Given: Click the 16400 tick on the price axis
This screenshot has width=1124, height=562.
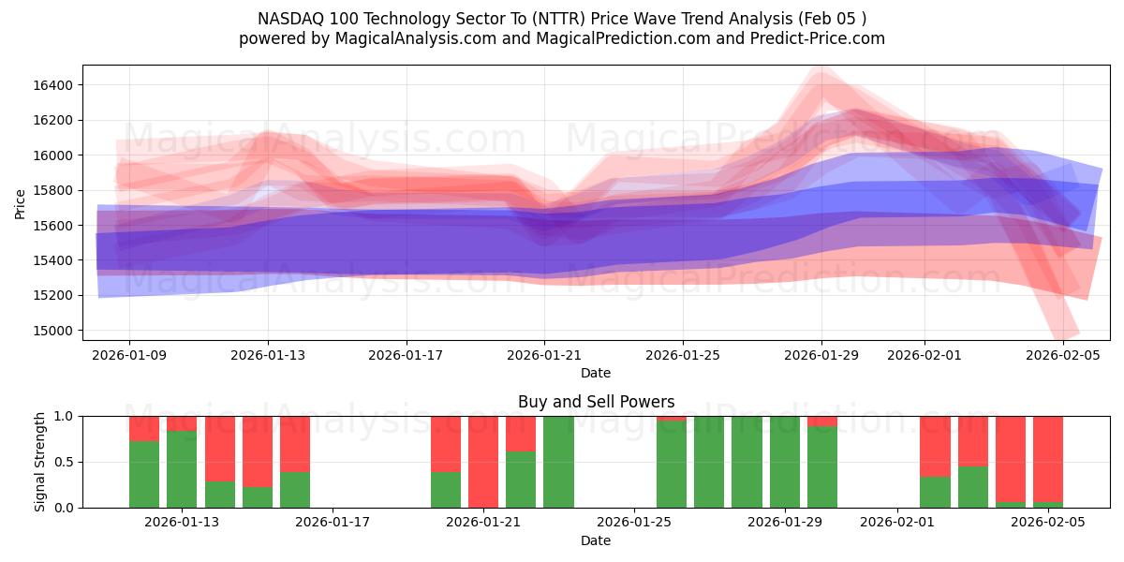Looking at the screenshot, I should click(x=52, y=85).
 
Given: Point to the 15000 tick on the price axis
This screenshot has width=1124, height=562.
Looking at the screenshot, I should click(x=52, y=331).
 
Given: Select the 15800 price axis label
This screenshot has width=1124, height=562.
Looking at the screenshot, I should click(x=52, y=190).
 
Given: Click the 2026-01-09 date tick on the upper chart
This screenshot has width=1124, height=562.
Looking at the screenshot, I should click(x=129, y=355).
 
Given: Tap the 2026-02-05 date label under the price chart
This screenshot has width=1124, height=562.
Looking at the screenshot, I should click(x=1063, y=355).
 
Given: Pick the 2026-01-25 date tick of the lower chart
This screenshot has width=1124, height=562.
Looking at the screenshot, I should click(x=634, y=523).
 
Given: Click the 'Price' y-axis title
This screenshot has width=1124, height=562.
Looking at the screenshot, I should click(x=20, y=202).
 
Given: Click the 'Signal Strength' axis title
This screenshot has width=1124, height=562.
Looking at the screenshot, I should click(x=39, y=462).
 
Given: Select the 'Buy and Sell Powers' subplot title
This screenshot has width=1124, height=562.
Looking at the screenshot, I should click(x=596, y=402).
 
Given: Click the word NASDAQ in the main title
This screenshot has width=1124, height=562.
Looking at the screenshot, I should click(x=288, y=19).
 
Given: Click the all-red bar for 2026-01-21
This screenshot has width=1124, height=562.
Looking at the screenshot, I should click(x=483, y=461).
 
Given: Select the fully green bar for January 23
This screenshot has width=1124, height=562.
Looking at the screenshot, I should click(x=558, y=461).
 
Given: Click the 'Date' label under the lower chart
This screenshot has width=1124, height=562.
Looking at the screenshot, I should click(x=596, y=540).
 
